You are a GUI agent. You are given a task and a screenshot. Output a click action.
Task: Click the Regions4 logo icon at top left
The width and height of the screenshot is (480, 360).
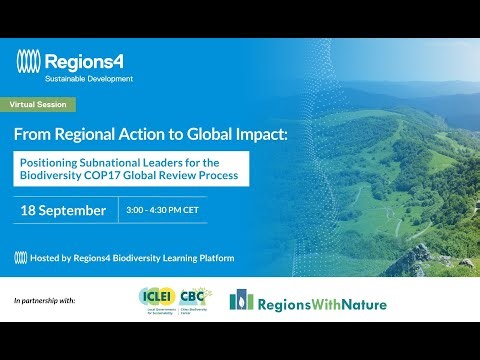pyautogui.click(x=29, y=61)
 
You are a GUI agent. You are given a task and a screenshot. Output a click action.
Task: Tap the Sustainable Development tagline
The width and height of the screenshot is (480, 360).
pyautogui.click(x=88, y=78)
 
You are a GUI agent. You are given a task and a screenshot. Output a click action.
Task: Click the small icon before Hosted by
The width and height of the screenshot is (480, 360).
pyautogui.click(x=21, y=258)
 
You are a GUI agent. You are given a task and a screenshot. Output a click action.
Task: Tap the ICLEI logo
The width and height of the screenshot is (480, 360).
pyautogui.click(x=156, y=299)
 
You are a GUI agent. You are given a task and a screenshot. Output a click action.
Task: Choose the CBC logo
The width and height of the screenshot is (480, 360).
pyautogui.click(x=193, y=299)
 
